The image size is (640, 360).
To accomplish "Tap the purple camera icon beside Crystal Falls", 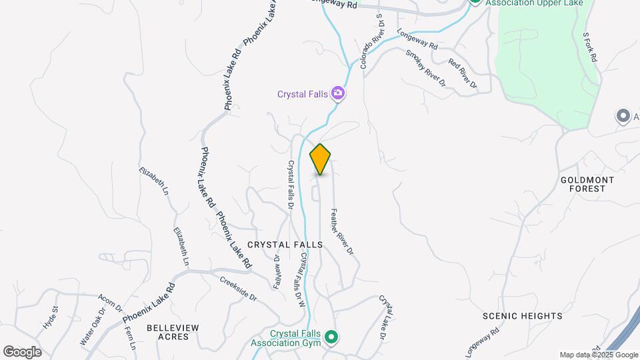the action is [x=339, y=94].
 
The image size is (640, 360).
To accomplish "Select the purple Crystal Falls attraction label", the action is [x=303, y=94].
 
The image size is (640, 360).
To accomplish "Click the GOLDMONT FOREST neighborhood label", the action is [x=583, y=184].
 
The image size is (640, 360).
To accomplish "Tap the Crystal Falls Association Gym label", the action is [x=295, y=339].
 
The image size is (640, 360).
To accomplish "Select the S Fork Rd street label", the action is [x=590, y=47].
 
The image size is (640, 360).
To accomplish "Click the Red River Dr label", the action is [x=463, y=74].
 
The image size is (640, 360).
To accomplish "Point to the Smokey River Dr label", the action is [x=425, y=68].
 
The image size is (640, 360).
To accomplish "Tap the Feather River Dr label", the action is [x=341, y=232].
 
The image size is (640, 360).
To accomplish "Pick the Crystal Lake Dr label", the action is [x=383, y=319].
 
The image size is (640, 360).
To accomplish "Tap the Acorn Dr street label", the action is [x=111, y=303].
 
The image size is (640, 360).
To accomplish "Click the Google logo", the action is [x=22, y=352].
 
